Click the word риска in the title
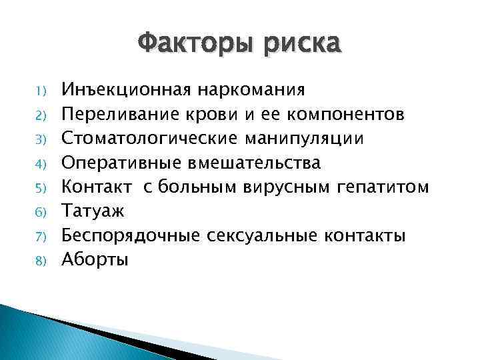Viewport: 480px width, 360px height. pyautogui.click(x=303, y=45)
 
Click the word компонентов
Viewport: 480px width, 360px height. pyautogui.click(x=345, y=113)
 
